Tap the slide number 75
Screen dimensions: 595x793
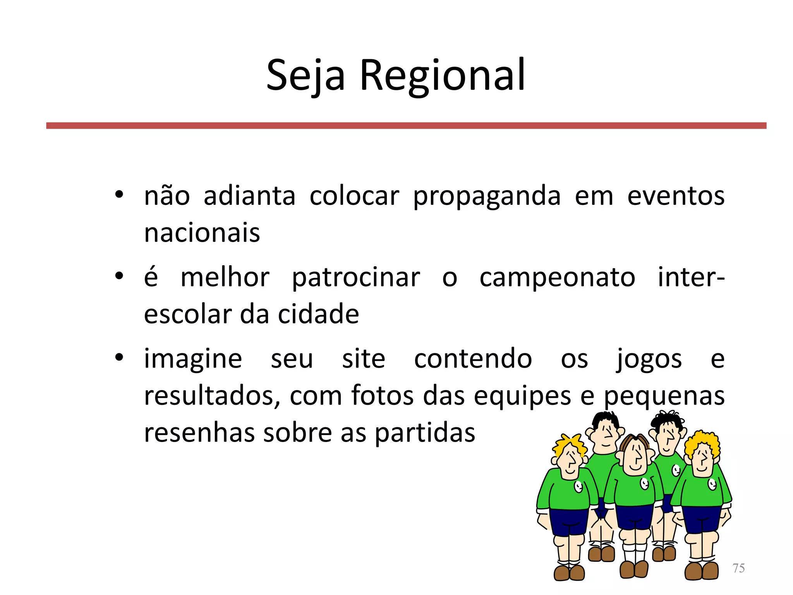[x=738, y=568]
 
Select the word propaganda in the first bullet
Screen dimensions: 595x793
[x=487, y=196]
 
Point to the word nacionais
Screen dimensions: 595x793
[x=202, y=233]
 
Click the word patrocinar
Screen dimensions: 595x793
[x=355, y=278]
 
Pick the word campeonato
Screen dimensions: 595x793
[x=557, y=278]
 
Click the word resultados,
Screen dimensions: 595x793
[x=212, y=396]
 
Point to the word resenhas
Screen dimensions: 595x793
[x=199, y=433]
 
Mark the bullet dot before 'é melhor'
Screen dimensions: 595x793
[x=119, y=276]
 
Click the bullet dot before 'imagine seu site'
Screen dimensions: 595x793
[x=119, y=357]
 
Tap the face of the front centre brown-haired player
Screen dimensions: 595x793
[x=635, y=457]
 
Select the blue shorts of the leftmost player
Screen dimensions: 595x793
[x=568, y=521]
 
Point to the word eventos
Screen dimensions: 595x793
[x=676, y=196]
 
